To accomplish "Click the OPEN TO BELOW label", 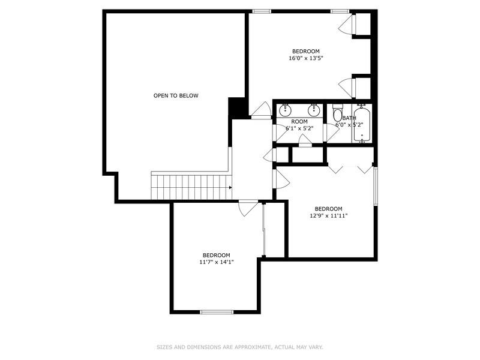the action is (176, 96).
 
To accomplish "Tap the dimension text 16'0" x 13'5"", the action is (306, 58).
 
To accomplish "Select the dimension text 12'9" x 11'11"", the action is (328, 216).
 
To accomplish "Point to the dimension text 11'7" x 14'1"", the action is (217, 262).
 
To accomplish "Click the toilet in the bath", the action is (338, 113).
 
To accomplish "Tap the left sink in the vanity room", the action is (286, 110).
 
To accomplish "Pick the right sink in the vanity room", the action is (314, 110).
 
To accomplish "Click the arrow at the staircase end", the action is (230, 188).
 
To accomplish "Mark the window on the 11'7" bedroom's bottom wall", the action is (217, 312).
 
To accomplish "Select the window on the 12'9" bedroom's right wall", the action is (376, 186).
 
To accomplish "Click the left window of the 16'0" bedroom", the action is (262, 11).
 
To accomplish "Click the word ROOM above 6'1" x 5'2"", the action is (299, 122).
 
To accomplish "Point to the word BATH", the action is (349, 118).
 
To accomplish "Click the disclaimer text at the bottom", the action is (240, 347).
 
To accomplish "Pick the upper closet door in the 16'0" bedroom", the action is (347, 24).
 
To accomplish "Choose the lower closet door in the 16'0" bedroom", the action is (347, 88).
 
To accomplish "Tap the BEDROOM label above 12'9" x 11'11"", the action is (328, 209).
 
